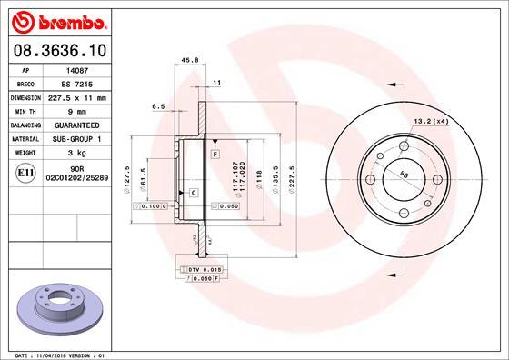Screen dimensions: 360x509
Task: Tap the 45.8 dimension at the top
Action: (191, 63)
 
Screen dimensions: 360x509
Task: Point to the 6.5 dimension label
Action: (158, 106)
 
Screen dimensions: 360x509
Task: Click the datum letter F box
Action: (215, 155)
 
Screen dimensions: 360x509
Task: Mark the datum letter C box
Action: (194, 194)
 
